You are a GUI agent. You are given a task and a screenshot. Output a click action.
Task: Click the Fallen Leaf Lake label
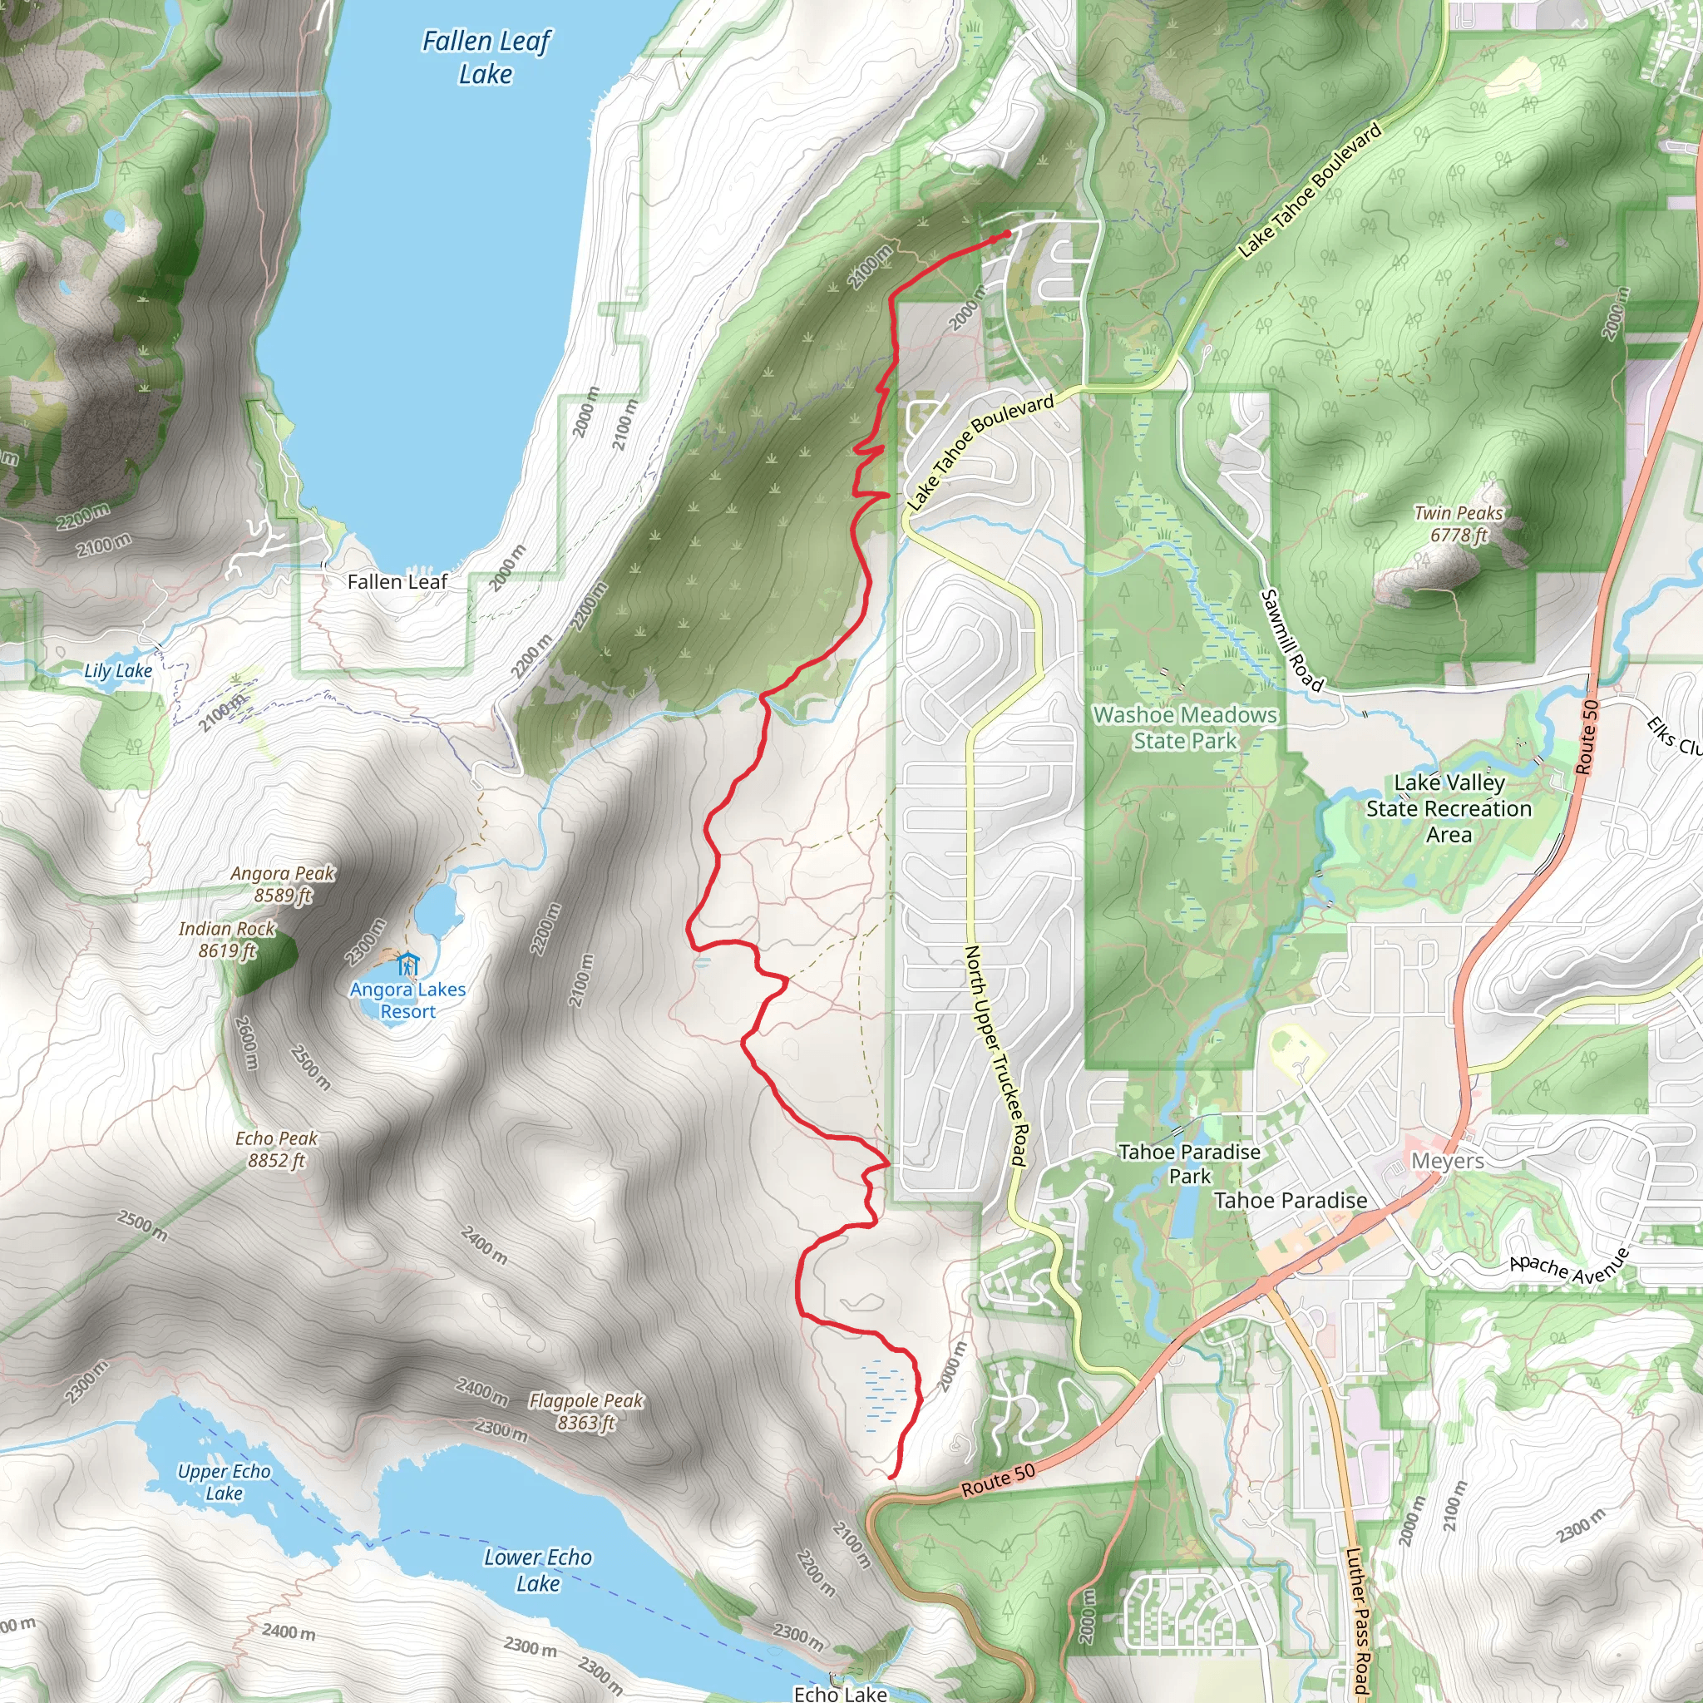pos(486,57)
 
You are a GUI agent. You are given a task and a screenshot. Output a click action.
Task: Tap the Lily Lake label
pos(118,671)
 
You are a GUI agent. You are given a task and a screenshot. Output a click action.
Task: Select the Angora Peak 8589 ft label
pos(283,884)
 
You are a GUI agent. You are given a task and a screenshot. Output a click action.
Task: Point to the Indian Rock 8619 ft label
pos(226,939)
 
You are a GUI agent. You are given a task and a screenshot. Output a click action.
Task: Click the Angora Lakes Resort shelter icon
pos(407,963)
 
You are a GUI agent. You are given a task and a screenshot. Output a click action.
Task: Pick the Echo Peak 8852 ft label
pos(276,1149)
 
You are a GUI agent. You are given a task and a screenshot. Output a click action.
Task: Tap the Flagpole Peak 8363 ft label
pos(586,1411)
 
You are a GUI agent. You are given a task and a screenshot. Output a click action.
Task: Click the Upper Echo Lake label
pos(224,1482)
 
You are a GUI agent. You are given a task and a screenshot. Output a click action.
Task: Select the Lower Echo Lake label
pos(538,1570)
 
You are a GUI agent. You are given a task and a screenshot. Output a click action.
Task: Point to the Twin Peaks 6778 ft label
pos(1458,524)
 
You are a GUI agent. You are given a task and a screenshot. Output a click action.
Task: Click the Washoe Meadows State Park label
pos(1185,728)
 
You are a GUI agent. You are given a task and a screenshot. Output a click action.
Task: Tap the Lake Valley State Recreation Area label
pos(1449,808)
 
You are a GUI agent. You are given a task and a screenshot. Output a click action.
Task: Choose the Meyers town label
pos(1448,1161)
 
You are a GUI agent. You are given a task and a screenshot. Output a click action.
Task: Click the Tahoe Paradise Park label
pos(1189,1163)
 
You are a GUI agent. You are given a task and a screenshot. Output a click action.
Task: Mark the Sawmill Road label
pos(1291,640)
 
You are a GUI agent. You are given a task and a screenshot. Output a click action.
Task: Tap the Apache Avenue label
pos(1570,1266)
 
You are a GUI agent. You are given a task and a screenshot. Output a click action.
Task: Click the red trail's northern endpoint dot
pos(1007,234)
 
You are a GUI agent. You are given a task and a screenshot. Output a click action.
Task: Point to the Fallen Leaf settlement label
pos(397,582)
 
